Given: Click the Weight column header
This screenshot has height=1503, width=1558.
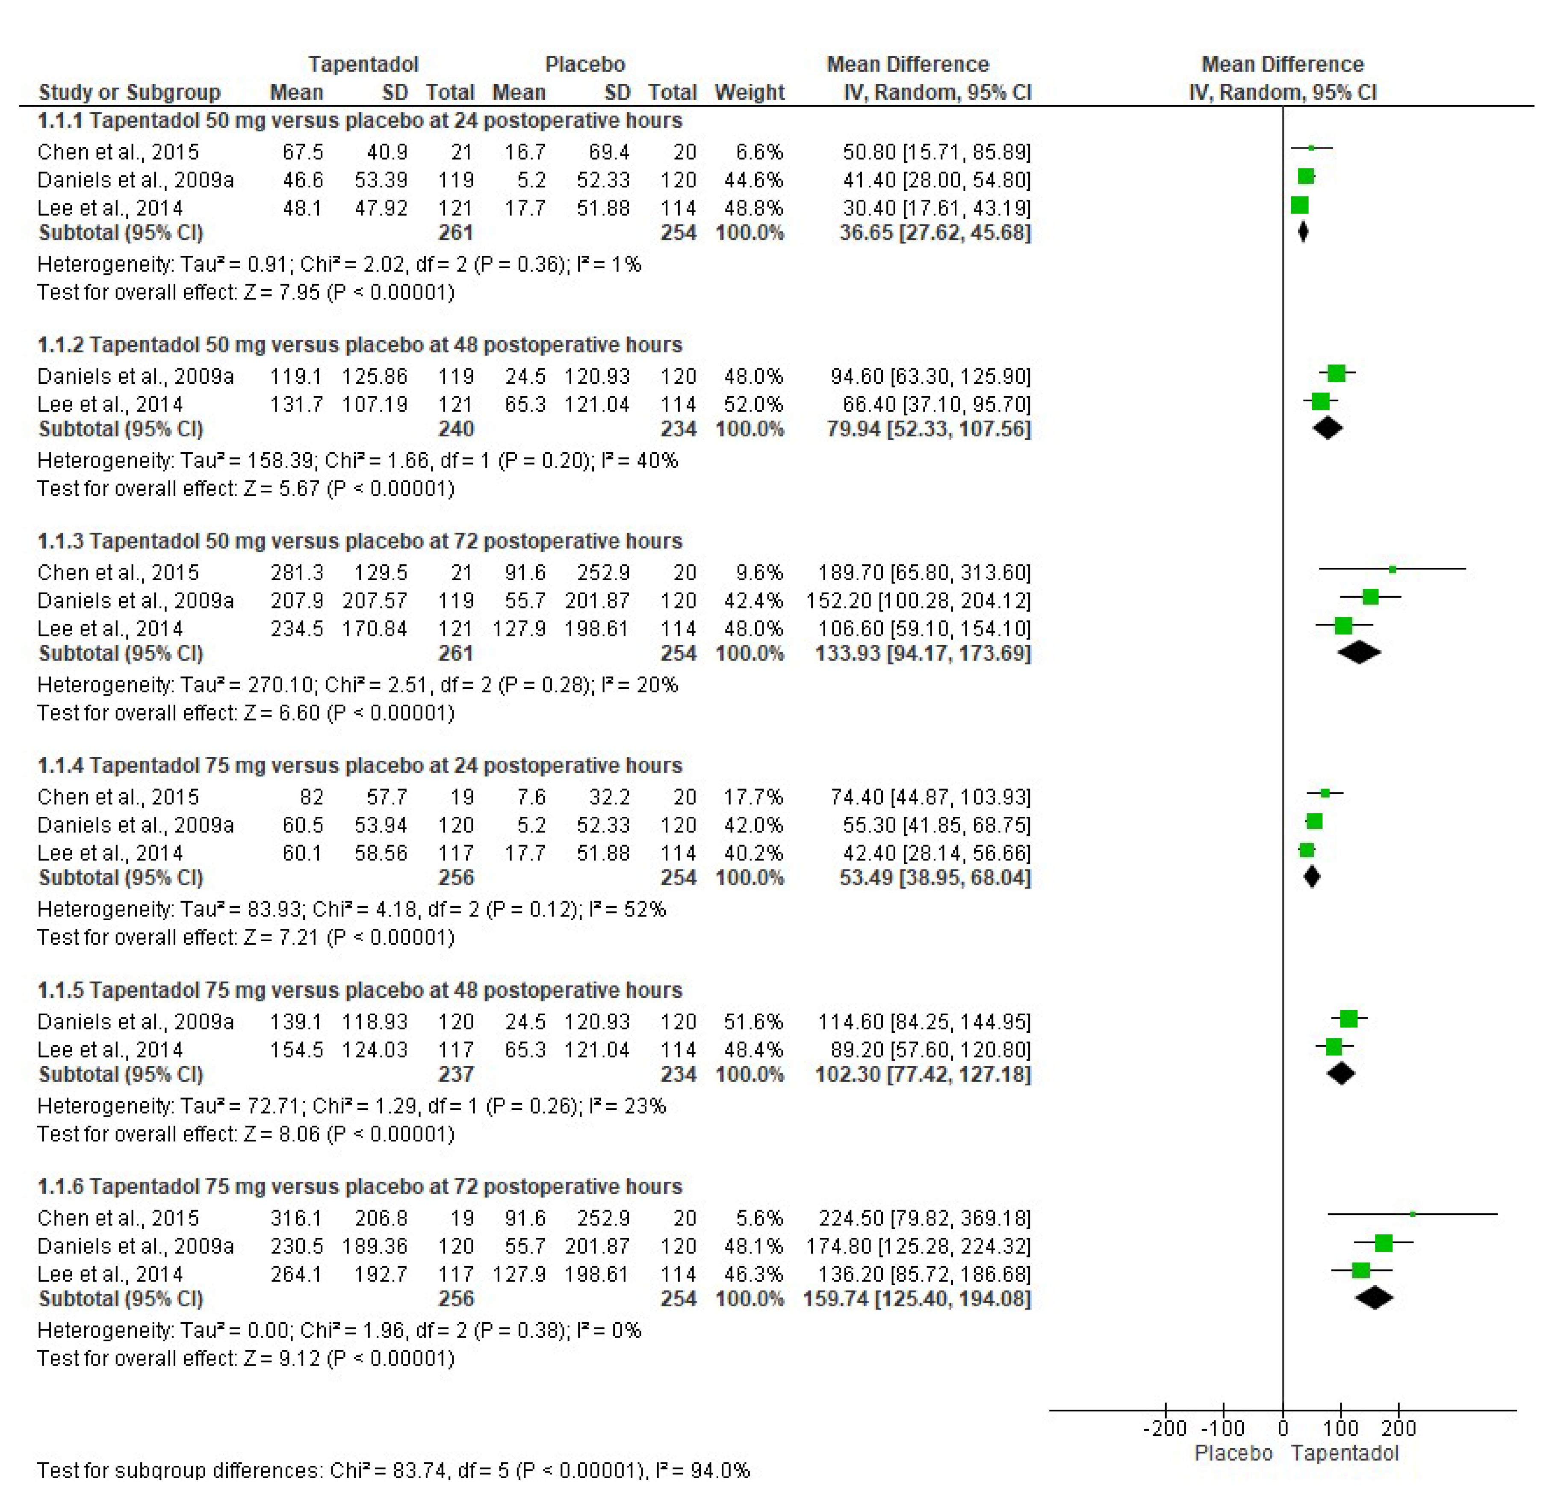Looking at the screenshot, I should tap(749, 92).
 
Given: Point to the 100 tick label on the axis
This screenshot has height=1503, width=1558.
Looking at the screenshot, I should tap(1340, 1428).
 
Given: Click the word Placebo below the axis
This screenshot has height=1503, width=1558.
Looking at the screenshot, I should tap(1233, 1453).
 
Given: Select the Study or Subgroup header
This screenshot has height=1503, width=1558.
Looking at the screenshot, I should tap(130, 92).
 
